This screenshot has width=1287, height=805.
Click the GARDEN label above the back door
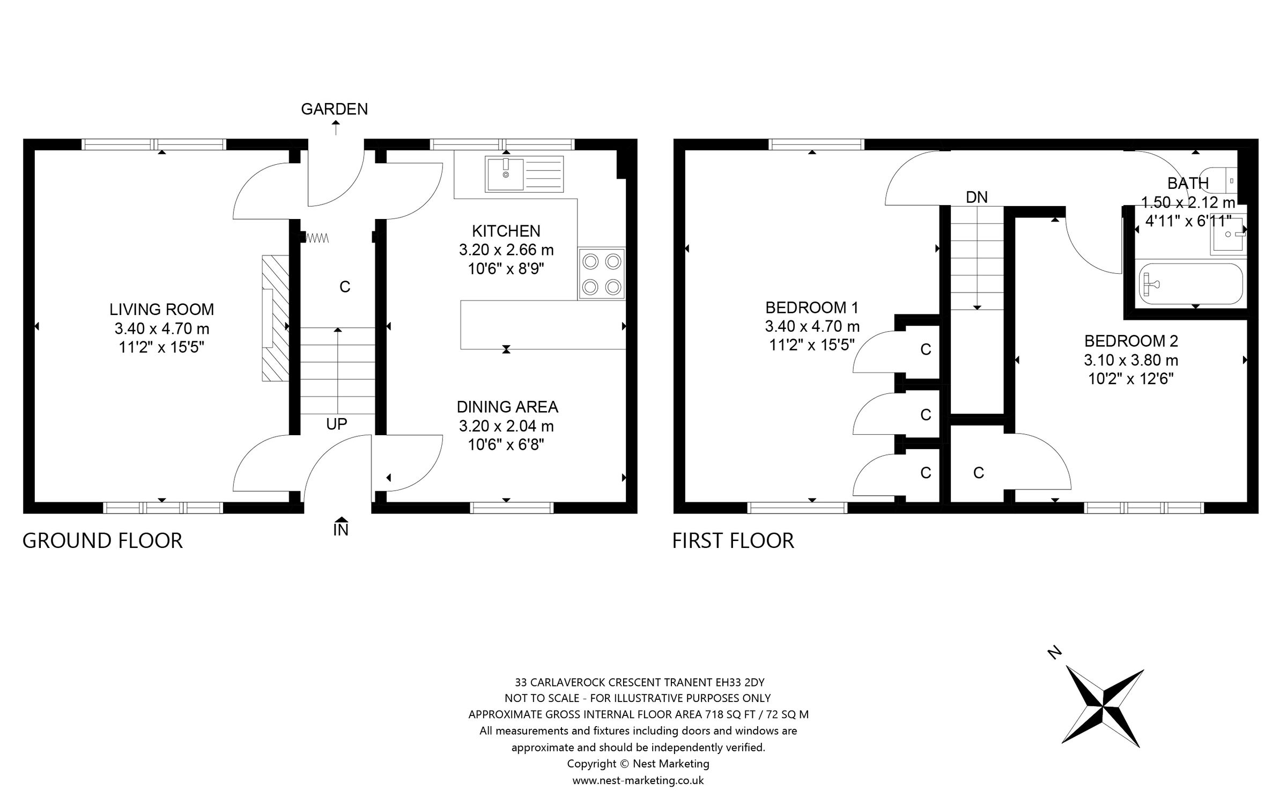click(334, 109)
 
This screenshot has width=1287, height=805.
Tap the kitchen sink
click(524, 174)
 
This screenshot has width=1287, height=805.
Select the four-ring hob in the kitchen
click(601, 274)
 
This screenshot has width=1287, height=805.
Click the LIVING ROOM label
click(161, 309)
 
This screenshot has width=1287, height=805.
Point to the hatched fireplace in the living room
click(275, 318)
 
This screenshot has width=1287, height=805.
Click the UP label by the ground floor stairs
click(336, 424)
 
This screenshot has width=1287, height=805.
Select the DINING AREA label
click(507, 407)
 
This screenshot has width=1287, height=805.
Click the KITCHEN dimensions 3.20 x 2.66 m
click(506, 250)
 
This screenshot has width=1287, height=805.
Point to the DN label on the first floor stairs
click(976, 197)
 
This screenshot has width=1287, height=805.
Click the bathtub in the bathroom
click(1190, 284)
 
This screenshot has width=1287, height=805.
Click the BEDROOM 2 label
click(1130, 341)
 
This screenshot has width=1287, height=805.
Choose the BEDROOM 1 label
click(811, 308)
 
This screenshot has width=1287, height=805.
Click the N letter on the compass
click(1054, 653)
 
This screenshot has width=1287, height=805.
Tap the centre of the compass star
click(1103, 707)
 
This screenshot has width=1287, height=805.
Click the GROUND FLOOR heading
click(102, 540)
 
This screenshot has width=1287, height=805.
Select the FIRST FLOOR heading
click(733, 540)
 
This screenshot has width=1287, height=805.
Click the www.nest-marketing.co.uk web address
click(638, 780)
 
